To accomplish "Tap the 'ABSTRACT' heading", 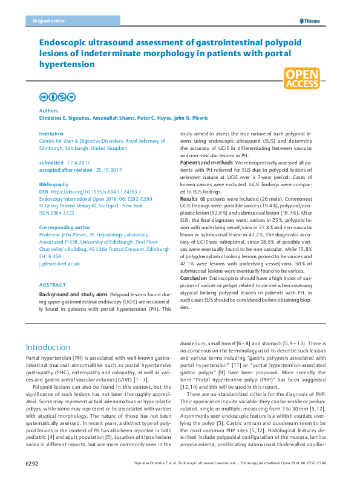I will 53,284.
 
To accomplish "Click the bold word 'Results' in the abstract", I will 189,198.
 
